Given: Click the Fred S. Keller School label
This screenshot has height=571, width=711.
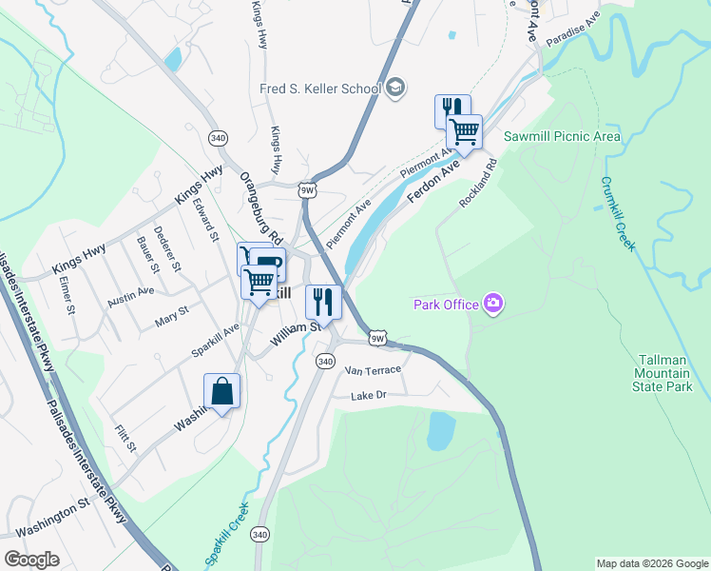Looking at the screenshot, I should [319, 89].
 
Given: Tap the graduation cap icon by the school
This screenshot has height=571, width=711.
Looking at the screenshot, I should [394, 89].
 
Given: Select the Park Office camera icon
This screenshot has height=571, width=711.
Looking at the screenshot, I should [492, 305].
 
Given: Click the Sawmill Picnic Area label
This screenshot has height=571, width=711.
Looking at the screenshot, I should [562, 137].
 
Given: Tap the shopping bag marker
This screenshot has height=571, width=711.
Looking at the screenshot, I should [221, 391].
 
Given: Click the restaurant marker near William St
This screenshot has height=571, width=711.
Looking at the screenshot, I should [323, 303].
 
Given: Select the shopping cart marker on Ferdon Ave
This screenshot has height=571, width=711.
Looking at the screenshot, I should [464, 132].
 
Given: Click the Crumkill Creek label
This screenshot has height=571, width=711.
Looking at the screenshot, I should [616, 214].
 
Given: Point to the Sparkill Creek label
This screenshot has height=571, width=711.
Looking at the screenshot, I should [226, 534].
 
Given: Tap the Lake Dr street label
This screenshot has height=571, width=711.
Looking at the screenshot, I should [371, 395].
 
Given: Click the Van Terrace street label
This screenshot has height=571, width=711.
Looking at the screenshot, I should [373, 369].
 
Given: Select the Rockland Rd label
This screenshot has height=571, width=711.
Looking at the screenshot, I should [479, 185].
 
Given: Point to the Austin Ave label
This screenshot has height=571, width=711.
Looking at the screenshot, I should [130, 297].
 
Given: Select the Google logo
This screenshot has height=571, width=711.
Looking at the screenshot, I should [32, 559].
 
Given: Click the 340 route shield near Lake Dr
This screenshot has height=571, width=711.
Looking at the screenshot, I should [326, 362].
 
